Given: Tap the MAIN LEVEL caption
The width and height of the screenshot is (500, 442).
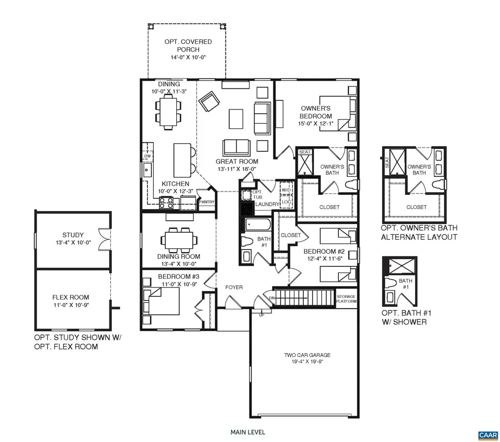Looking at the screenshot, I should click(248, 432).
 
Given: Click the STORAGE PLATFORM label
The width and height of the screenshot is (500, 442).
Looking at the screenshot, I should click(346, 299).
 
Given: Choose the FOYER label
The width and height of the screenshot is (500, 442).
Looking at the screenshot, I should click(234, 287).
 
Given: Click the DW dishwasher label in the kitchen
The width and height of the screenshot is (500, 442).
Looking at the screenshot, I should click(146, 156).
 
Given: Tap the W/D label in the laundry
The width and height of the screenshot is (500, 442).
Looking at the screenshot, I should click(286, 190).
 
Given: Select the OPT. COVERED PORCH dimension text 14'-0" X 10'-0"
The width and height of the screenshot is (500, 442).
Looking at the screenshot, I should click(187, 57).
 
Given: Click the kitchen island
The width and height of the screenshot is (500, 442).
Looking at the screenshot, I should click(182, 161).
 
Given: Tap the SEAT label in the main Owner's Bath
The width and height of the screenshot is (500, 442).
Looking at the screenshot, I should click(305, 152).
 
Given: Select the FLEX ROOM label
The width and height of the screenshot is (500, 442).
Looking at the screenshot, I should click(71, 297).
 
